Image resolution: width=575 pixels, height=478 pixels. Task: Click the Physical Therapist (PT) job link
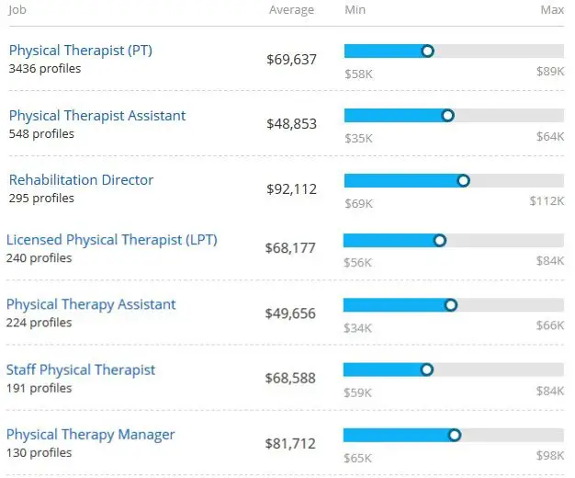80,51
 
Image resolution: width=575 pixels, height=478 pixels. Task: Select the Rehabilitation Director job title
81,180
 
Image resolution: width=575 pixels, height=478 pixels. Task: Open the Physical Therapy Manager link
90,435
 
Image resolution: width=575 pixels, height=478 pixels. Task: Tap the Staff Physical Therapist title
81,370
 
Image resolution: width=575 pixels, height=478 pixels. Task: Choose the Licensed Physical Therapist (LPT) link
111,240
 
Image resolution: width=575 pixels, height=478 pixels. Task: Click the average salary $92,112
291,189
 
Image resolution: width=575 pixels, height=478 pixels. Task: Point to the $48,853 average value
291,124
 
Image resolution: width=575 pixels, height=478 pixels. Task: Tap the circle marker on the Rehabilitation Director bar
463,181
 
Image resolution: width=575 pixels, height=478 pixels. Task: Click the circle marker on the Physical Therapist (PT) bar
427,51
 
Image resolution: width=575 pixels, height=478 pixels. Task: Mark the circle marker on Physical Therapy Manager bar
454,435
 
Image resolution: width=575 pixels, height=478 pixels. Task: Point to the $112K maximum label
547,201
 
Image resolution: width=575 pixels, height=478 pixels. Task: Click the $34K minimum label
357,327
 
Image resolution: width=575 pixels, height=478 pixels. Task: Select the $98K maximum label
550,457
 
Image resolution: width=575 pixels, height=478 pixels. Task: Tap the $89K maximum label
550,72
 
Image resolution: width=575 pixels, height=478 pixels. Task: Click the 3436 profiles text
44,69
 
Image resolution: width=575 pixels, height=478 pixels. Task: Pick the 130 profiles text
39,453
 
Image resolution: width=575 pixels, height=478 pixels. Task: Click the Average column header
291,10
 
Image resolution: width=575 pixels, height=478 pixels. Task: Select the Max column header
552,10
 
